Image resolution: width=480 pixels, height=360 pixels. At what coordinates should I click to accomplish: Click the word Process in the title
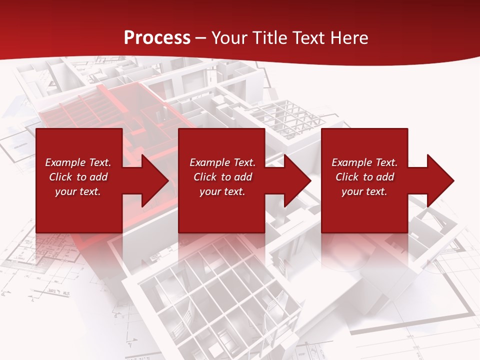pyautogui.click(x=157, y=38)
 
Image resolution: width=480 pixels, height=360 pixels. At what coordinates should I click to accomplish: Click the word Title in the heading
pyautogui.click(x=268, y=38)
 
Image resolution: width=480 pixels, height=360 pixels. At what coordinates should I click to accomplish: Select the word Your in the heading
pyautogui.click(x=229, y=38)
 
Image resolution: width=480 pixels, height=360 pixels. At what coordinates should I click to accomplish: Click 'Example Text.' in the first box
pyautogui.click(x=78, y=162)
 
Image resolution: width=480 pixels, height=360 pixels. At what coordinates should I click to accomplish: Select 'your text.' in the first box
pyautogui.click(x=78, y=191)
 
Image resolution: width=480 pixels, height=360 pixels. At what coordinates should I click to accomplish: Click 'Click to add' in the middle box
pyautogui.click(x=222, y=177)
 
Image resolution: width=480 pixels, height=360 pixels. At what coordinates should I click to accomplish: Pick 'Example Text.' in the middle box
pyautogui.click(x=222, y=162)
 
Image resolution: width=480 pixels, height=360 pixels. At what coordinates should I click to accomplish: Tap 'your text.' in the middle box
pyautogui.click(x=222, y=191)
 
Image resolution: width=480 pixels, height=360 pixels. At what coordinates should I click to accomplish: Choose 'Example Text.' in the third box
pyautogui.click(x=364, y=162)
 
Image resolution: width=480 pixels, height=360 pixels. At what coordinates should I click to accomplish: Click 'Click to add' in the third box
pyautogui.click(x=364, y=177)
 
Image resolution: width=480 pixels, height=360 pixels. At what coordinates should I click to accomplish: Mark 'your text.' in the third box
pyautogui.click(x=364, y=191)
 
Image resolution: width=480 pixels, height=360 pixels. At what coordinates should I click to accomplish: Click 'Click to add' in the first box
pyautogui.click(x=78, y=177)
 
